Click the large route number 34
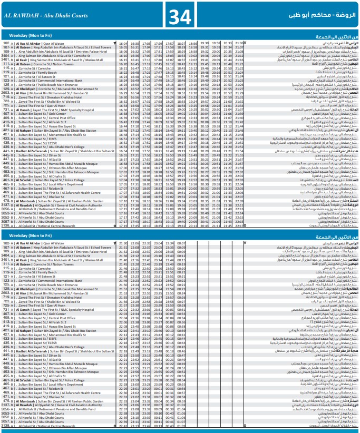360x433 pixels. point(180,15)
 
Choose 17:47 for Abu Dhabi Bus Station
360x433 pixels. point(146,130)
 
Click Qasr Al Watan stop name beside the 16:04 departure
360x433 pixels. point(53,43)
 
